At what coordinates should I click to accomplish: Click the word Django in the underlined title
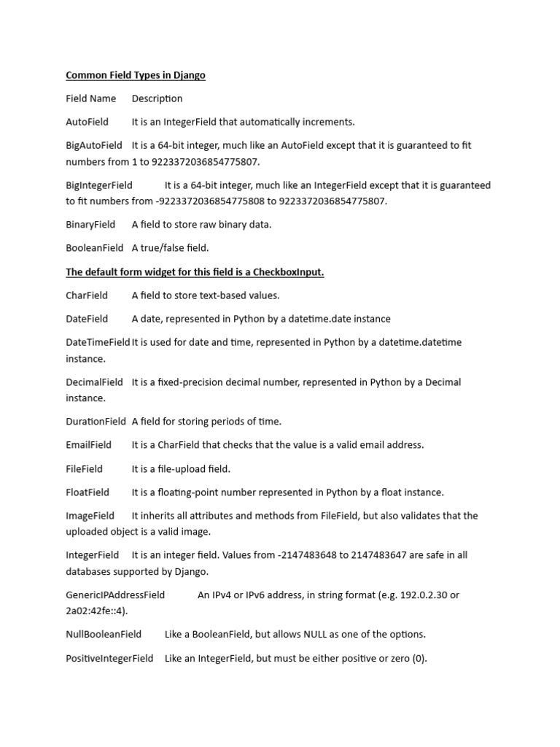(189, 75)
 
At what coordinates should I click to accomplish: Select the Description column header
(157, 98)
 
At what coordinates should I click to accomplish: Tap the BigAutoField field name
(94, 145)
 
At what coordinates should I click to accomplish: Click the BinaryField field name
(90, 225)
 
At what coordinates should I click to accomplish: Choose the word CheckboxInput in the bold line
(288, 272)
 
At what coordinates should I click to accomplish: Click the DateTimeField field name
(98, 342)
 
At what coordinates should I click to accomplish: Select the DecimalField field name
(95, 382)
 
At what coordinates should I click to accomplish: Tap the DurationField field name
(96, 422)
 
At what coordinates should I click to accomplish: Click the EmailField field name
(89, 445)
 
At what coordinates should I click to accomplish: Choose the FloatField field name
(87, 492)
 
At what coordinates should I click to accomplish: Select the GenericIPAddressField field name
(115, 595)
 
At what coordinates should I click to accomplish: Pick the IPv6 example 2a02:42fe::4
(94, 611)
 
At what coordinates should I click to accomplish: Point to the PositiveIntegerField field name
(109, 659)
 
